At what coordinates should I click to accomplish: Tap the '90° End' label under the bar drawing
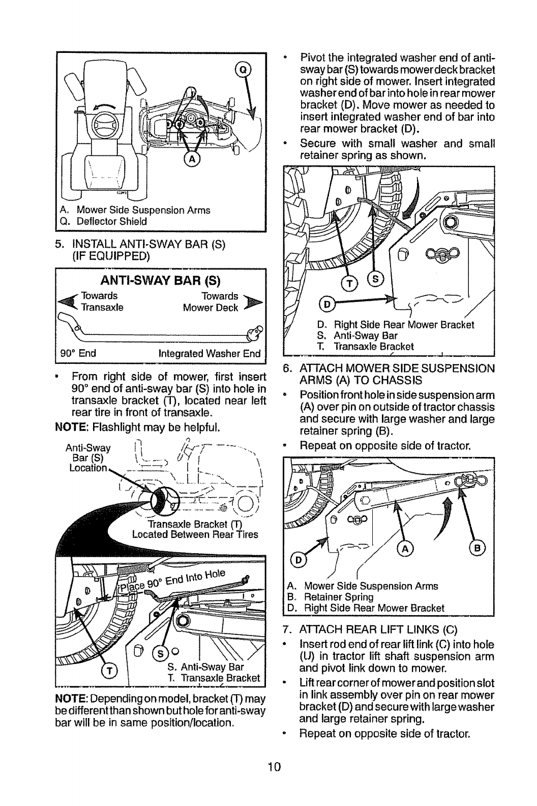(x=82, y=353)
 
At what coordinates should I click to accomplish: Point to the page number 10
(x=268, y=767)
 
